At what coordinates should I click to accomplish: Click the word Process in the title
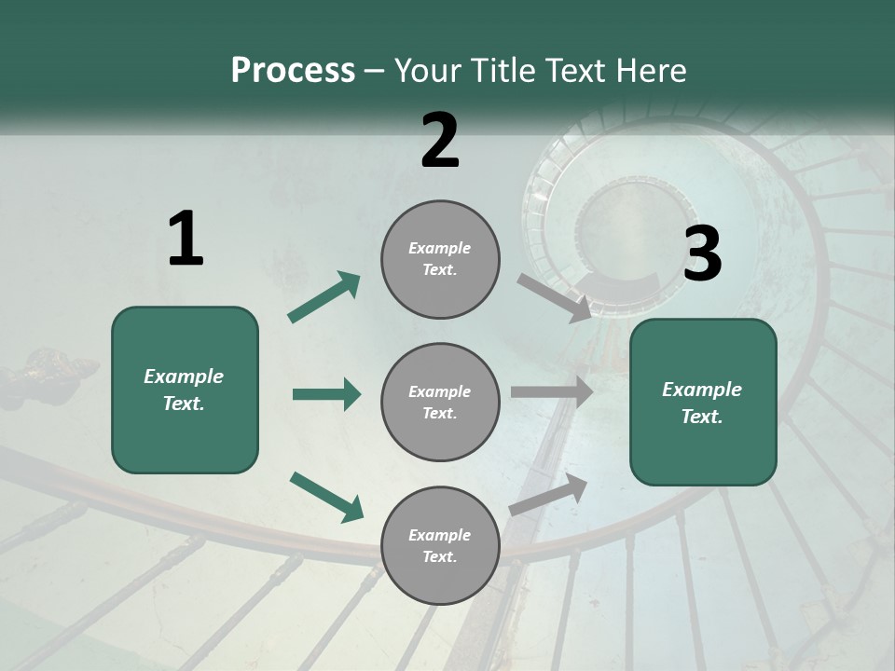tap(293, 71)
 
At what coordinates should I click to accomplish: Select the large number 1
tap(186, 240)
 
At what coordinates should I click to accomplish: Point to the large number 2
tap(440, 141)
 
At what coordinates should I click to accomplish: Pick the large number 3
tap(702, 253)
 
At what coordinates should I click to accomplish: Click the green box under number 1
tap(185, 390)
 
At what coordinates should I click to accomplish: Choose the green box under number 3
tap(703, 403)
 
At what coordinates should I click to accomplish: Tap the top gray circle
tap(440, 259)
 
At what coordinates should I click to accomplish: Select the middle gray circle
tap(440, 403)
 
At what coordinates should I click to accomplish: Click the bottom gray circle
tap(440, 546)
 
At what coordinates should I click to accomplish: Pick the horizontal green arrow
tap(326, 394)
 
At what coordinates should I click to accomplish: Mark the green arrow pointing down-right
tap(326, 496)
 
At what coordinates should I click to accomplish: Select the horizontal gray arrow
tap(552, 392)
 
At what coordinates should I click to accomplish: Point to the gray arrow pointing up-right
tap(548, 495)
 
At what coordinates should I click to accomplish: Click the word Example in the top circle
tap(440, 248)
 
